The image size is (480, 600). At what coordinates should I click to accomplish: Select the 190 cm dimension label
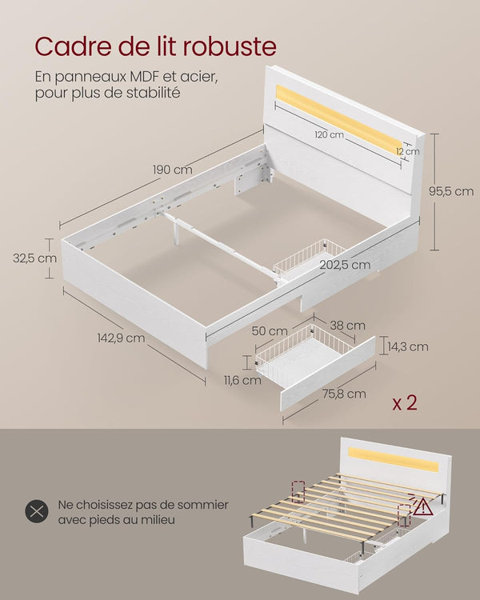point(172,170)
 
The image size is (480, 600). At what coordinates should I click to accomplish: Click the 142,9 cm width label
point(121,338)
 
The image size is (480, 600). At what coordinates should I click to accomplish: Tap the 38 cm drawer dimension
point(348,325)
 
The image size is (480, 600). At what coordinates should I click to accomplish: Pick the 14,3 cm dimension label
point(408,346)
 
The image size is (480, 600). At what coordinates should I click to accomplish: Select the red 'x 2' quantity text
point(405,402)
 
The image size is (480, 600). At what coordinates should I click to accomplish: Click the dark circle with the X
point(37,512)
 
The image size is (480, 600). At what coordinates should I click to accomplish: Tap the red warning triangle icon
point(423,506)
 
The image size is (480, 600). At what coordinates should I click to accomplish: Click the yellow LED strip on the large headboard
point(336,118)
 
